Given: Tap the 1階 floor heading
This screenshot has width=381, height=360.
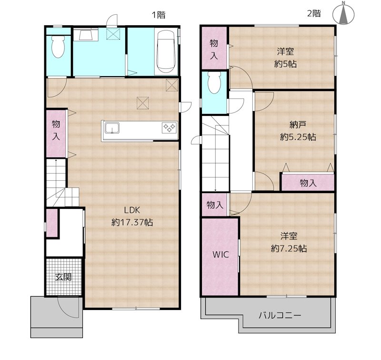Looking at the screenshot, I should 159,15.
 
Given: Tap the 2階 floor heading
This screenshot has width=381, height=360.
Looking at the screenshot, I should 313,14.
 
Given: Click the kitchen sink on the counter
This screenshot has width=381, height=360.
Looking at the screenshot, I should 112,128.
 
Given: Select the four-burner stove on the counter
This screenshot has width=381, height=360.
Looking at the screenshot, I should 169,127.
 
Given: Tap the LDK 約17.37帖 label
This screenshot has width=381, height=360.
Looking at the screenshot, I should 132,216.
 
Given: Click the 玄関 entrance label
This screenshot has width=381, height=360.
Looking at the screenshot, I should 63,277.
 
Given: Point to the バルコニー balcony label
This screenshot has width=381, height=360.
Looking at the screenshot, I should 280,316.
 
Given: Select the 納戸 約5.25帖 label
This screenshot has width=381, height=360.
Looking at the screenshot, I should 297,131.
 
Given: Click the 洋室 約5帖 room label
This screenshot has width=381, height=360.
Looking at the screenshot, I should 285,58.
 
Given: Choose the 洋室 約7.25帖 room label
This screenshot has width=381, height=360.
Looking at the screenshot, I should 288,242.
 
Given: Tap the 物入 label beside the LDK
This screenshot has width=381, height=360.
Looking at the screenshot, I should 56,130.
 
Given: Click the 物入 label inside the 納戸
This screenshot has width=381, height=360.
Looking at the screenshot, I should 308,183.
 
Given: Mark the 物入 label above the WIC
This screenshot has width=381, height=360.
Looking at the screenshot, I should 215,205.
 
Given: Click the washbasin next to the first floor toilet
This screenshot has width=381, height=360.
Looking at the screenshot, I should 86,35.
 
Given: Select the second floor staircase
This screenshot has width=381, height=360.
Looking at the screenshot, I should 216,153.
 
